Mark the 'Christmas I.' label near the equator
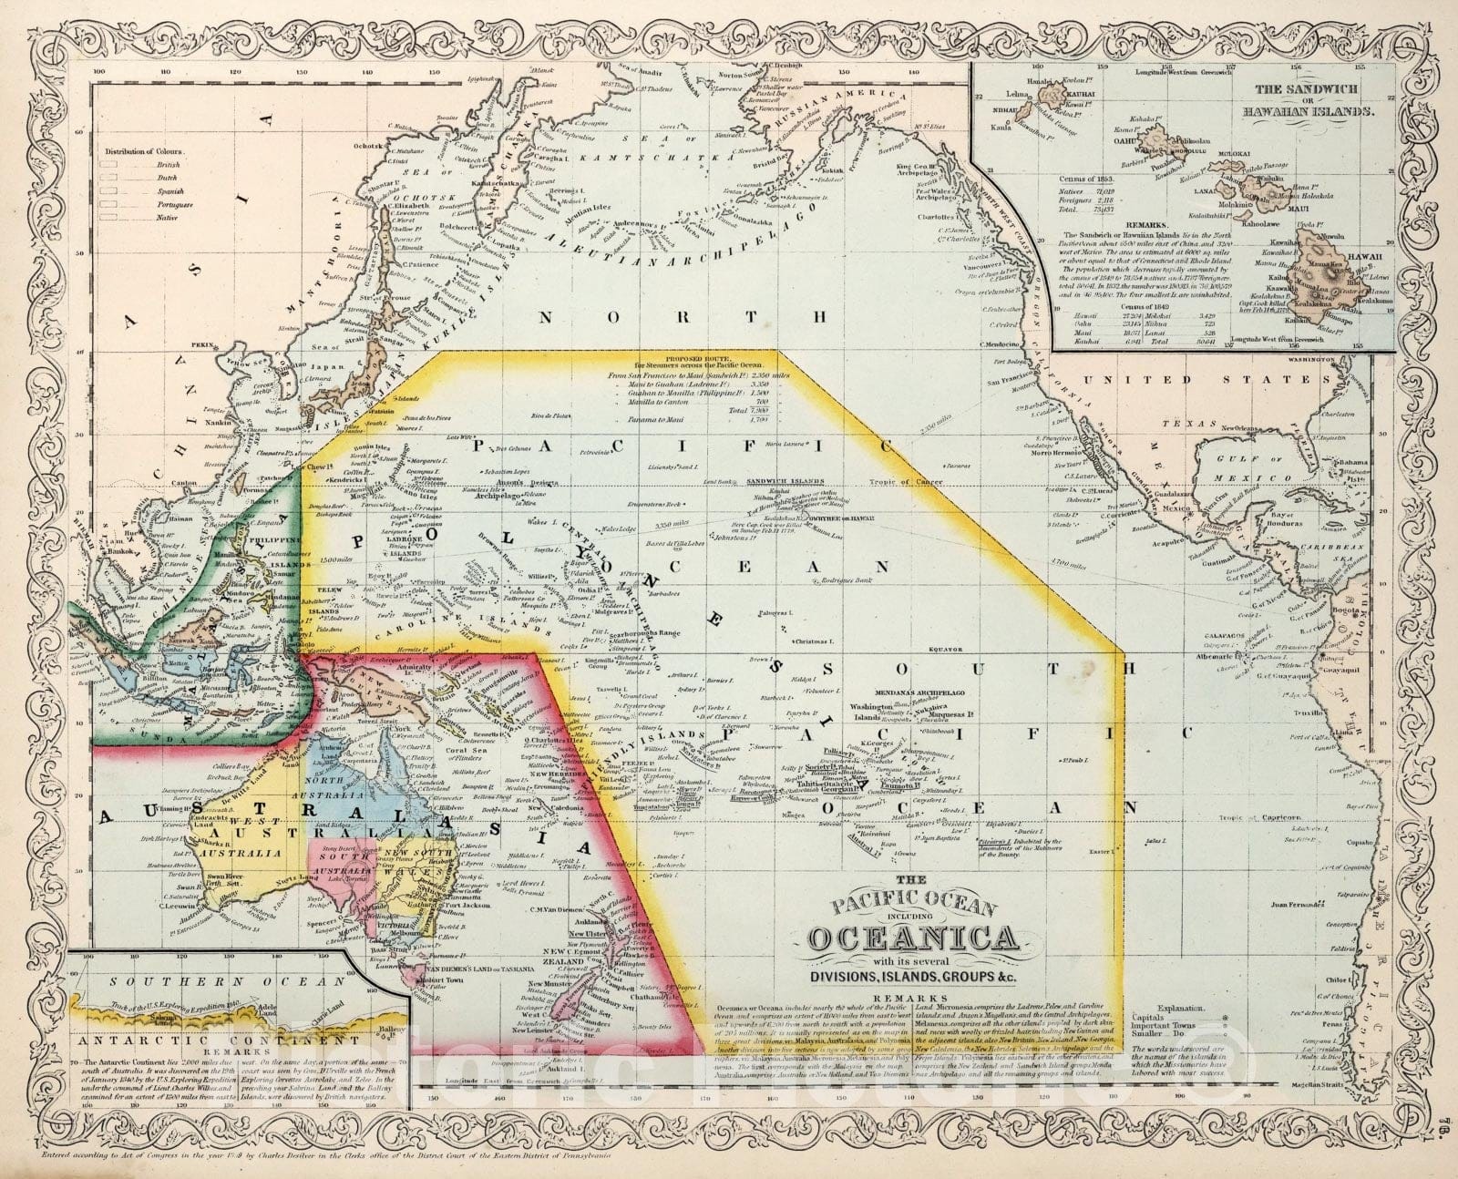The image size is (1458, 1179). click(x=813, y=641)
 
